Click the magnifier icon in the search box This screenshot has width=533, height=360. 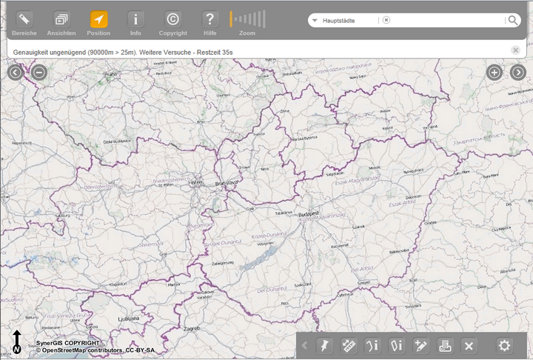tap(512, 21)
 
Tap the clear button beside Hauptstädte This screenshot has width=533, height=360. tap(386, 21)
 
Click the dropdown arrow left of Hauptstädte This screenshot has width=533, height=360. tap(315, 21)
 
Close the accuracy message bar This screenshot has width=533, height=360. tap(515, 50)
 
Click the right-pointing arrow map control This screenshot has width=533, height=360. tap(517, 72)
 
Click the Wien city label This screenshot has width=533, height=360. tap(196, 181)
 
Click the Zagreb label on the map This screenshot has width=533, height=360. tap(192, 327)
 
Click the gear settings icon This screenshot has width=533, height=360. tap(505, 345)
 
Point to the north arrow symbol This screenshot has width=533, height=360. tap(16, 341)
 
